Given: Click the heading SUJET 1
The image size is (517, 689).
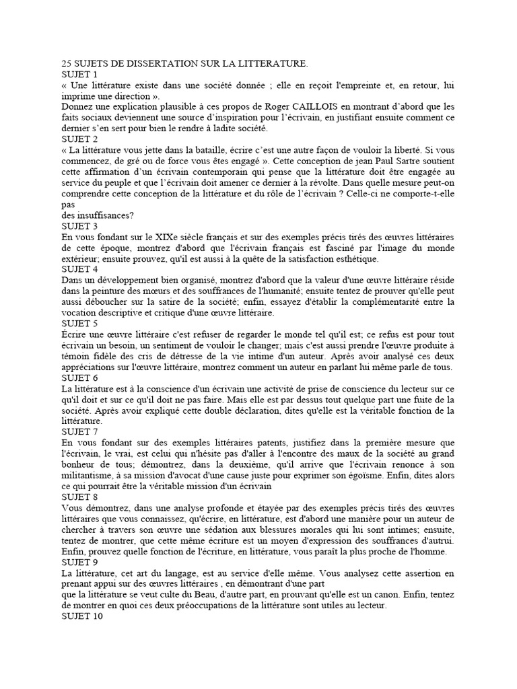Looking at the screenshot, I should [x=79, y=74].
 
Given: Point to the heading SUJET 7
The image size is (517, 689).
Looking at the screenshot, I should [x=79, y=431].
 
